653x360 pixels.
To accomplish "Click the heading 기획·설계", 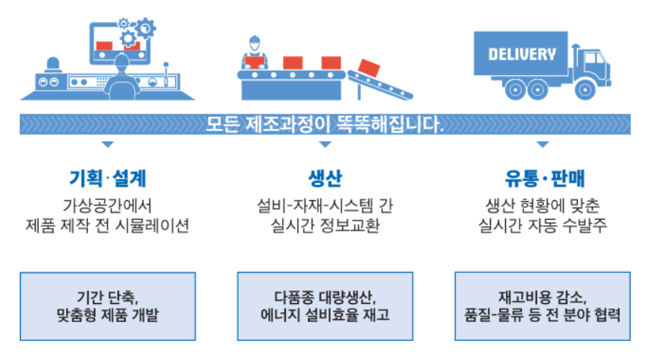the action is [x=107, y=179].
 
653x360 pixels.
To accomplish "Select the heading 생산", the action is [x=325, y=179].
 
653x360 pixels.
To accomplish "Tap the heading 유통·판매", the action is [x=542, y=179].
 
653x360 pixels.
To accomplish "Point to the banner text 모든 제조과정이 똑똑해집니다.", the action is [x=325, y=123].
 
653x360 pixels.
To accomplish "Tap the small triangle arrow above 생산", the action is [x=325, y=144].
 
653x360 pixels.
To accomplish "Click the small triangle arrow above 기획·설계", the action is [x=107, y=144].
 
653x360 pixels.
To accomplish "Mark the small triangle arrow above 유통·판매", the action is [x=542, y=144].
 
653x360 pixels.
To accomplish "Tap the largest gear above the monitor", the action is [x=143, y=29].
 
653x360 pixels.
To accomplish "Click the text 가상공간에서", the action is [x=107, y=205].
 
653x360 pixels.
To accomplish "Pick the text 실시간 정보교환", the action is [x=325, y=225].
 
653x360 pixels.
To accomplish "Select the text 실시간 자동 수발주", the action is [x=542, y=225].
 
